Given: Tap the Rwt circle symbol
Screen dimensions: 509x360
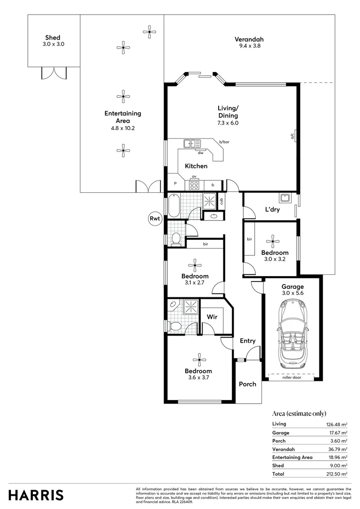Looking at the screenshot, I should tap(154, 218).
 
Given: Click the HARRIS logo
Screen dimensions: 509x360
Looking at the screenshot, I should tap(36, 495).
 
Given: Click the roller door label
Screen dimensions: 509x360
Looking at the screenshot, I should tap(292, 378).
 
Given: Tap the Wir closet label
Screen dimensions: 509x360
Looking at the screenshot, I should tap(212, 317).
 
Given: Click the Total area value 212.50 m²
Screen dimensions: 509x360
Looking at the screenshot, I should tap(337, 474).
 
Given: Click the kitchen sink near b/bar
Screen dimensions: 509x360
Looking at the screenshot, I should tap(192, 143).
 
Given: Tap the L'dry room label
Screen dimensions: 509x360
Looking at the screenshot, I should tap(272, 210).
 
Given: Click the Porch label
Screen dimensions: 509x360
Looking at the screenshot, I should tap(247, 384).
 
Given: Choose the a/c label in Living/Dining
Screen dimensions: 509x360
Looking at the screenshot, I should tap(292, 137).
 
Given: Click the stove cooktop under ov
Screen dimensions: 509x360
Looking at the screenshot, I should tap(194, 185).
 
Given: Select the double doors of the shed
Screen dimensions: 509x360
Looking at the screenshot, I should tap(54, 74).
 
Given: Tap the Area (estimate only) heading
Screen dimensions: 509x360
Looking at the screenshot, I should tap(299, 413).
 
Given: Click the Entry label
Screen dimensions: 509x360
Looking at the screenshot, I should tap(247, 341).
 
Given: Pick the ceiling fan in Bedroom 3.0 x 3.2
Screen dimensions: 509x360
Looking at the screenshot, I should tap(272, 242).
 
